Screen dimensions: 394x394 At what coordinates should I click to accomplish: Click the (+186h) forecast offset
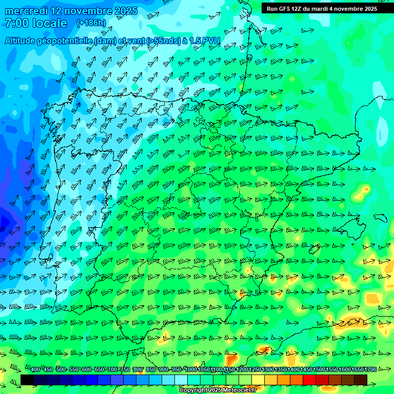pyautogui.click(x=91, y=23)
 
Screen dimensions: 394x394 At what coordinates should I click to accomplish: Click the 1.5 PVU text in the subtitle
pyautogui.click(x=204, y=41)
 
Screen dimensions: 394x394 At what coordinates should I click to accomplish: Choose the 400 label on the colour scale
pyautogui.click(x=35, y=370)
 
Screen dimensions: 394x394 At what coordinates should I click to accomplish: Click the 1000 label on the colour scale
pyautogui.click(x=191, y=370)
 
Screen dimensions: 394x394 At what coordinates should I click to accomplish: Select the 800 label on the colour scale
pyautogui.click(x=137, y=370)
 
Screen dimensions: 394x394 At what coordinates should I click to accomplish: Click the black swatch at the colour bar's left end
pyautogui.click(x=27, y=380)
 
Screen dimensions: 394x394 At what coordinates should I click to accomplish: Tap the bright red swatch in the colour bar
pyautogui.click(x=309, y=380)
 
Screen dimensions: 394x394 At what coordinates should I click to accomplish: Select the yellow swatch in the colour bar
pyautogui.click(x=258, y=380)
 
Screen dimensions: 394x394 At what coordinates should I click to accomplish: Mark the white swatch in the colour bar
pyautogui.click(x=181, y=380)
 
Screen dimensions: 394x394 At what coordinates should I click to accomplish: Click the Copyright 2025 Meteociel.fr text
pyautogui.click(x=218, y=390)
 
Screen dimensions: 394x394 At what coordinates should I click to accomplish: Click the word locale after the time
pyautogui.click(x=49, y=23)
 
